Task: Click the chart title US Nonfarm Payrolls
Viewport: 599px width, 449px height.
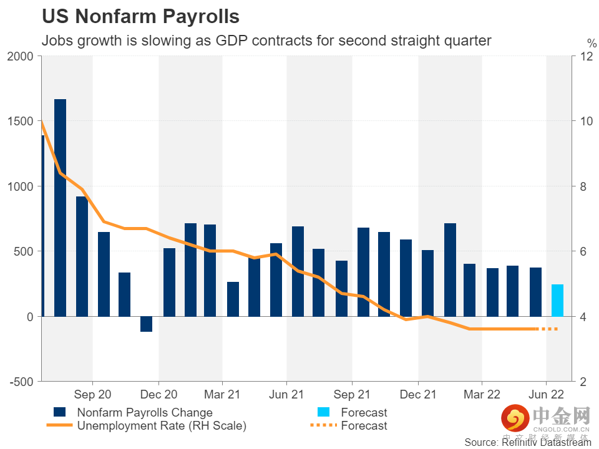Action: tap(140, 16)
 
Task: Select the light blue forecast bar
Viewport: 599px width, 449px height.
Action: tap(557, 301)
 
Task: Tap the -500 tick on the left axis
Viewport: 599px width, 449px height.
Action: tap(21, 382)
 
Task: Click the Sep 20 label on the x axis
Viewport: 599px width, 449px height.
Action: tap(92, 395)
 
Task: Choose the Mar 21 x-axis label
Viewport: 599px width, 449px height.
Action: tap(223, 395)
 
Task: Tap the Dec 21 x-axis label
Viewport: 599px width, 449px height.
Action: tap(418, 395)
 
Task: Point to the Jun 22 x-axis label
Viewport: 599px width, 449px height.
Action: tap(547, 395)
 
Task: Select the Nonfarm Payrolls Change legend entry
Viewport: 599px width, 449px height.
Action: tap(144, 412)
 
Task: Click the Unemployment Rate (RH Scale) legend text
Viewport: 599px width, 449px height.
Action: tap(162, 426)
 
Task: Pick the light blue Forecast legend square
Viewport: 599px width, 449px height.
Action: tap(324, 412)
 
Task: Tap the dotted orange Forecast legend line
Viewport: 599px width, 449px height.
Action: tap(324, 426)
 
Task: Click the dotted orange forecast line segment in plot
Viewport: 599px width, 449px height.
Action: tap(549, 329)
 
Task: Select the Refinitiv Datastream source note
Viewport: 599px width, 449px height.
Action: tap(528, 442)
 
